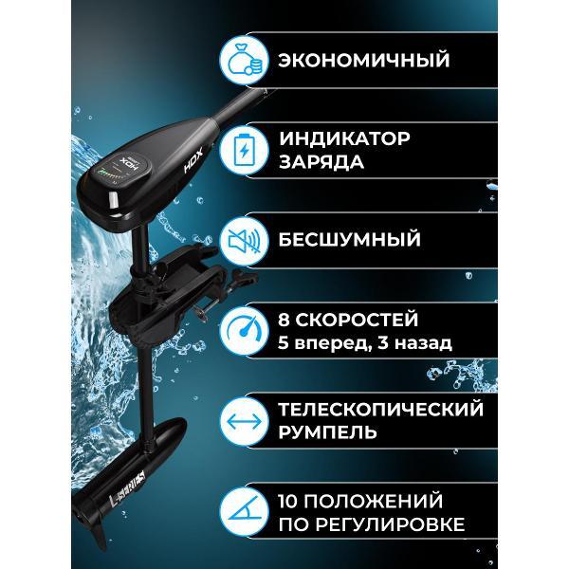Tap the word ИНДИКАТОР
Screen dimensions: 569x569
point(344,138)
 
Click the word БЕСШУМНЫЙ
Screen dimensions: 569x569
point(348,239)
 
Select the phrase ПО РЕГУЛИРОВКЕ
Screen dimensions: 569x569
point(371,523)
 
